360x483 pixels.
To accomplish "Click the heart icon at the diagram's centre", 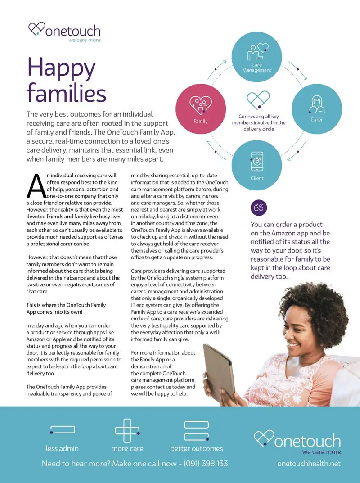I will click(258, 99).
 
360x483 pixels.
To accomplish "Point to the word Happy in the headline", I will click(61, 68).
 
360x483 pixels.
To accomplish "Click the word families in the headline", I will click(67, 94).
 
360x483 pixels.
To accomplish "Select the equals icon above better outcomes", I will click(197, 431).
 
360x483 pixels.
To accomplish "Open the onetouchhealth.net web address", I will click(309, 464).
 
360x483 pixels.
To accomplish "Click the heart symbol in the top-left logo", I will click(37, 30).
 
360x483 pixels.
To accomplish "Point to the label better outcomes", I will click(197, 448).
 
